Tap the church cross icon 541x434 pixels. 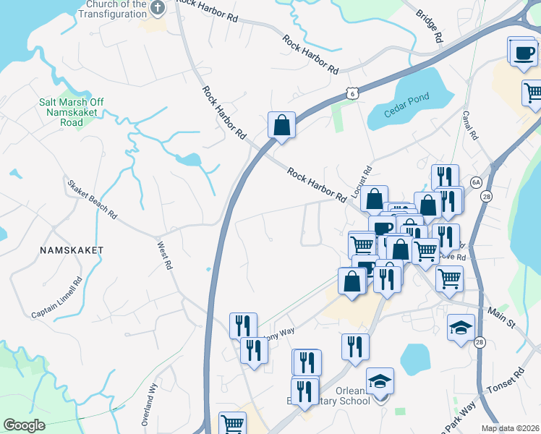(159, 8)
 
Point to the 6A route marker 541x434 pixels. (475, 182)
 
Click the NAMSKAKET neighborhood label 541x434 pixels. (72, 250)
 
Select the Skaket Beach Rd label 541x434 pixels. (92, 199)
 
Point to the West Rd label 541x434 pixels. (165, 256)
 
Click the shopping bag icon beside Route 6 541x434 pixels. (281, 125)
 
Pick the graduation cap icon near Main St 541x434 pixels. (461, 328)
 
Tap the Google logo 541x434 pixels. (24, 425)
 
